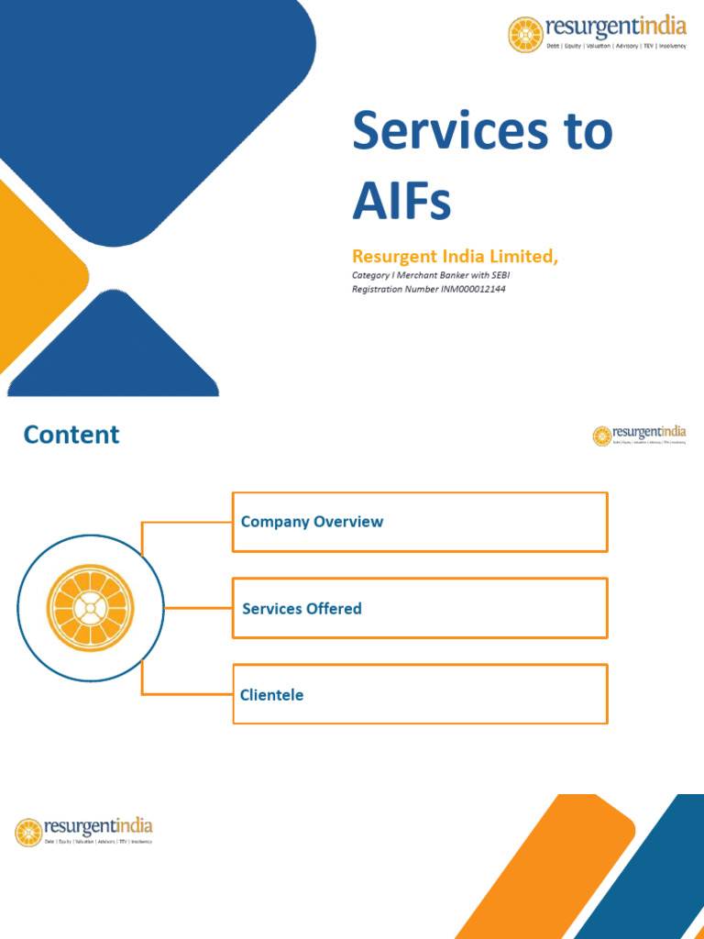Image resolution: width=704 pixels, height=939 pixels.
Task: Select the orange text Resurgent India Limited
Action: pos(455,257)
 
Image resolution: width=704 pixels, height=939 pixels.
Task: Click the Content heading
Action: pos(71,434)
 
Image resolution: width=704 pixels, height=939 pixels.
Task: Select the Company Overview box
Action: pos(419,522)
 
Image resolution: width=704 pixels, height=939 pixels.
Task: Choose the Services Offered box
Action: pos(419,608)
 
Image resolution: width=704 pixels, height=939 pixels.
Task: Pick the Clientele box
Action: pos(419,694)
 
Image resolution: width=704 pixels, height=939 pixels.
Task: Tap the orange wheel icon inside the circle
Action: pos(90,608)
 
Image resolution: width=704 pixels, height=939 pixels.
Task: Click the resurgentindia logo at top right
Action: pos(597,33)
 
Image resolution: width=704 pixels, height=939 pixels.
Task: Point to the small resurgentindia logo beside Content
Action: pos(639,435)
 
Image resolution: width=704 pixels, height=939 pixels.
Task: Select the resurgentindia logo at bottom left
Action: pos(83,831)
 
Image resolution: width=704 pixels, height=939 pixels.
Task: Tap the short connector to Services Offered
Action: pos(198,608)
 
